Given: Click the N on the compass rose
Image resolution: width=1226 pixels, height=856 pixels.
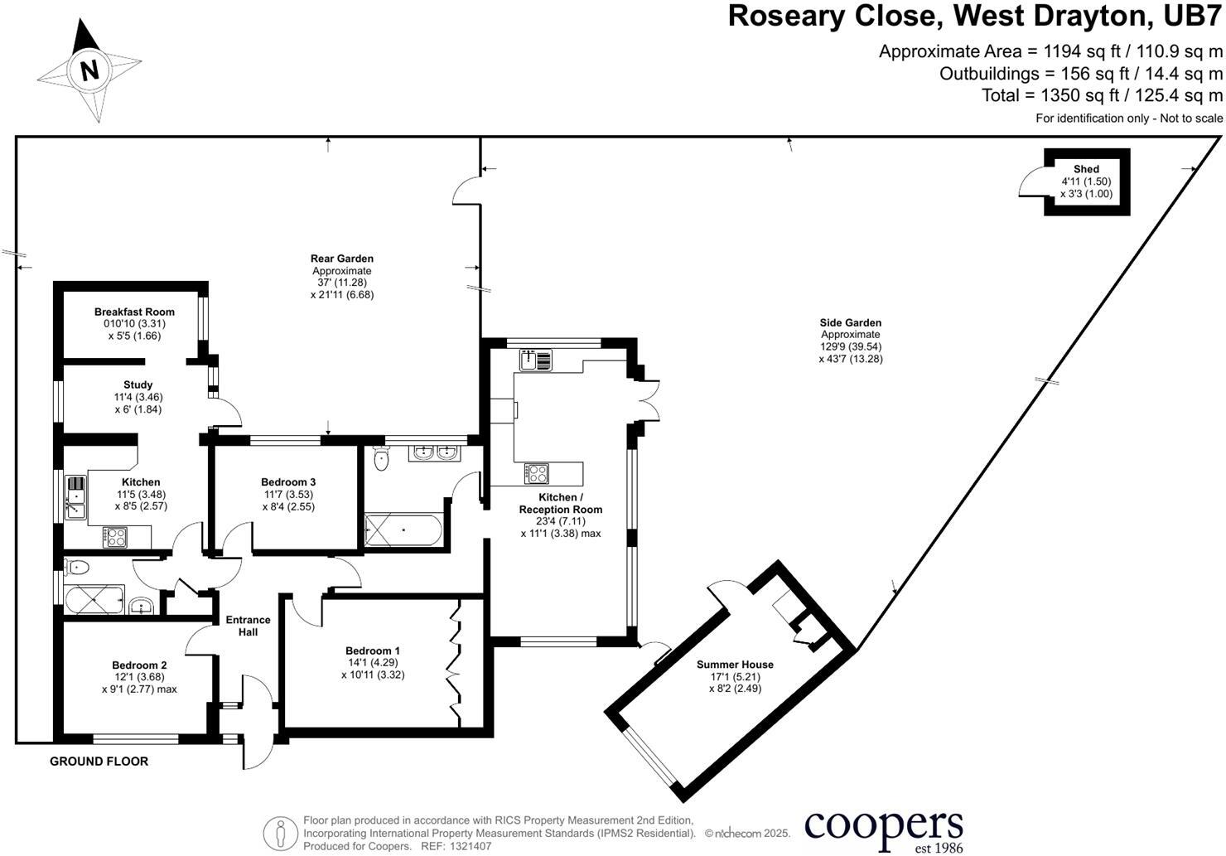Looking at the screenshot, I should pos(89,70).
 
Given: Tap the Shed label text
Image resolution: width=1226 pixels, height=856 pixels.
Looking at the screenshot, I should pos(1086,169).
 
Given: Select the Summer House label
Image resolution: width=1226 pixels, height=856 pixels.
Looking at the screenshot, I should pos(735,665).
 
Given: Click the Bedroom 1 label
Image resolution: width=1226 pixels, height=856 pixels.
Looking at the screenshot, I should pos(373,650).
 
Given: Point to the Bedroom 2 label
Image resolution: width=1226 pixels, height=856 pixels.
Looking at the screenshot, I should pos(139,665).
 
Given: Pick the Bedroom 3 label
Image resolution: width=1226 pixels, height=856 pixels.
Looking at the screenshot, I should pos(288,482).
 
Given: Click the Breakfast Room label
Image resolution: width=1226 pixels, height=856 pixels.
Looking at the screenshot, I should pos(134,312).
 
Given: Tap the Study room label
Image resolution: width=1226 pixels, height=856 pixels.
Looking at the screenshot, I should pos(138,385).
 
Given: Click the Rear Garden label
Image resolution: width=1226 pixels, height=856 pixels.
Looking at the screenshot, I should pos(341,259).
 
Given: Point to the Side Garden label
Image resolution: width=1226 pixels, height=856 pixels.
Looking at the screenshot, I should pos(851,323).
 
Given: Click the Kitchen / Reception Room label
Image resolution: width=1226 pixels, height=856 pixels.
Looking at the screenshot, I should pos(560,503).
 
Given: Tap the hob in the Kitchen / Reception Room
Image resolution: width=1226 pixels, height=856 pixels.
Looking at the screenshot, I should pos(537,473).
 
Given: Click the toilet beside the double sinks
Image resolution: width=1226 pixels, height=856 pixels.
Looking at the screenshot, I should pos(381,458).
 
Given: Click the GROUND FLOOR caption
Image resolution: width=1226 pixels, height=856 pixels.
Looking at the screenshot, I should pos(99,762).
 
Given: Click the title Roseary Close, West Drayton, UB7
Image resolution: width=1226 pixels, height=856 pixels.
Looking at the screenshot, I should pos(975,17).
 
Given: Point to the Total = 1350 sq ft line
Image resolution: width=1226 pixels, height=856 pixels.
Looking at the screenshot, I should pos(1102,95).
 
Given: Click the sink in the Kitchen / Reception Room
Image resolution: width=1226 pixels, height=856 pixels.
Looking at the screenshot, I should pos(536,360).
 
